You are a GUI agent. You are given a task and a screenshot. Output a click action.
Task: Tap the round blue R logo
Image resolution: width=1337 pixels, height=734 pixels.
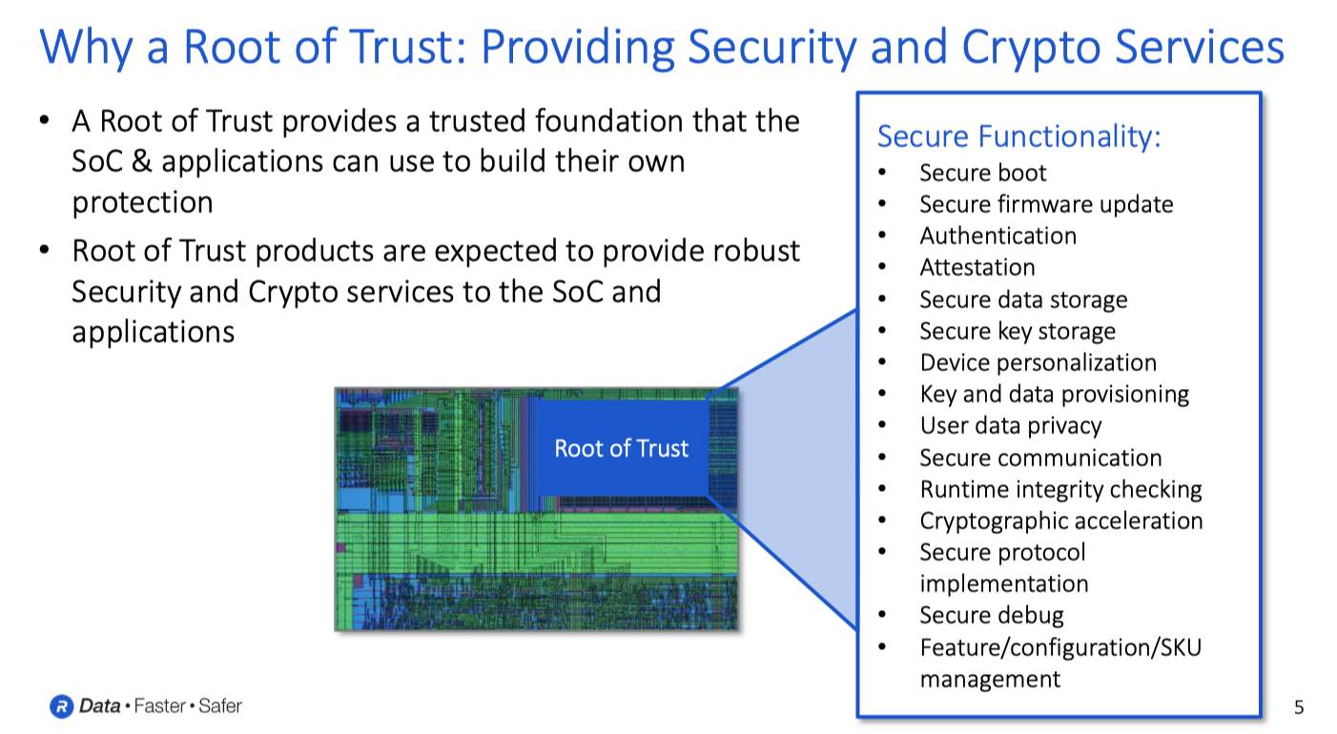[61, 706]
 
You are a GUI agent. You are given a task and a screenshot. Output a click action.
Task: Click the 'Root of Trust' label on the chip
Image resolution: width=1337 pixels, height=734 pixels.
[622, 448]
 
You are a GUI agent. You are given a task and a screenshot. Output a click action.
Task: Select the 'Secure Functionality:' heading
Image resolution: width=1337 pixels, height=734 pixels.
[1018, 136]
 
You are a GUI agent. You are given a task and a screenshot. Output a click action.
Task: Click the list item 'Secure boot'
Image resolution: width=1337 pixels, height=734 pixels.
[983, 173]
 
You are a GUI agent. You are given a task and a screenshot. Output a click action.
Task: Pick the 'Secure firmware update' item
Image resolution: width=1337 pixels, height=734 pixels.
[1046, 205]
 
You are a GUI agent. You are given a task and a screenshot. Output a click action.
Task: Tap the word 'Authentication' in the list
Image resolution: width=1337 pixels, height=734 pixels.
[998, 235]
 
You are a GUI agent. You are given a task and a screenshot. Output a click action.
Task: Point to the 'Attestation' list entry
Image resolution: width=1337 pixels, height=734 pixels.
[977, 267]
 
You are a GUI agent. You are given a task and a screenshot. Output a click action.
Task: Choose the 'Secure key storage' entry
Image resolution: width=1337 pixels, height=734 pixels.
[1018, 331]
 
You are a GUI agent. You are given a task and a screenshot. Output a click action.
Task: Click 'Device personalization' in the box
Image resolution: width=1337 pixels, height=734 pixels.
[1038, 363]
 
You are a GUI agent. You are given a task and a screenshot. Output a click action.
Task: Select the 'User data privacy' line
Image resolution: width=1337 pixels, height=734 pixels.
[1011, 426]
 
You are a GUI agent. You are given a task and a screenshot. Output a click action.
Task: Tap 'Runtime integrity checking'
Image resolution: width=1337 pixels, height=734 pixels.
[1060, 489]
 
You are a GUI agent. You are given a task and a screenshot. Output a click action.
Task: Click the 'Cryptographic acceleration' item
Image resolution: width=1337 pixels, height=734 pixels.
[1061, 521]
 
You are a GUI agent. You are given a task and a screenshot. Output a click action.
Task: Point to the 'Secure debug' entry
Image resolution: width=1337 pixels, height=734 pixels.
[992, 615]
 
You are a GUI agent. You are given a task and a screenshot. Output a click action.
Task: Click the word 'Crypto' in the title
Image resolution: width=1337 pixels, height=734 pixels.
[1031, 48]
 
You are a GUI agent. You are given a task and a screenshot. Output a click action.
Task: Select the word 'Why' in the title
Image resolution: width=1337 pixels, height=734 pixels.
[86, 48]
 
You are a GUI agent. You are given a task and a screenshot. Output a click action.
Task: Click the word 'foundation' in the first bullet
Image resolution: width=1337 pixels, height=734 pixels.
[607, 121]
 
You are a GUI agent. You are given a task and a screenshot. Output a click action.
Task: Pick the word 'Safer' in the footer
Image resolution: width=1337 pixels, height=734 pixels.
[220, 706]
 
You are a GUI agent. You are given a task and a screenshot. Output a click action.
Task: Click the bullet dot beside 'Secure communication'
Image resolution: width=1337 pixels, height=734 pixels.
[882, 458]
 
